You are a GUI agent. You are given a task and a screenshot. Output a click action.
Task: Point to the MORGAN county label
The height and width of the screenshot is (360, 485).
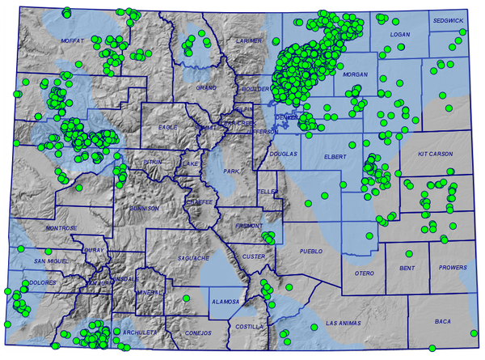(355, 74)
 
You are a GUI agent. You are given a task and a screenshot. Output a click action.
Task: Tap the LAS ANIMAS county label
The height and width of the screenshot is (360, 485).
(340, 323)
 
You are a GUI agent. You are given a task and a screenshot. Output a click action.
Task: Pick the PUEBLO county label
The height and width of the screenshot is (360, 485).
(310, 252)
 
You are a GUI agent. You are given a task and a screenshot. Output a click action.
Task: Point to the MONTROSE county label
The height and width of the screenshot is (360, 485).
(61, 229)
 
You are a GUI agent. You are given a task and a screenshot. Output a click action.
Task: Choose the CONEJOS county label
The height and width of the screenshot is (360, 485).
(197, 332)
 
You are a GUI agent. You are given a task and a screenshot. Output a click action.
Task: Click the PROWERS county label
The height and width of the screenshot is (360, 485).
(453, 267)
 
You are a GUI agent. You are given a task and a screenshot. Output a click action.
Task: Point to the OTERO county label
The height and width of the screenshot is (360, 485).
(365, 273)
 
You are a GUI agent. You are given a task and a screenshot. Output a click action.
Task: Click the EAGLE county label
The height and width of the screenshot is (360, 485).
(168, 127)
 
